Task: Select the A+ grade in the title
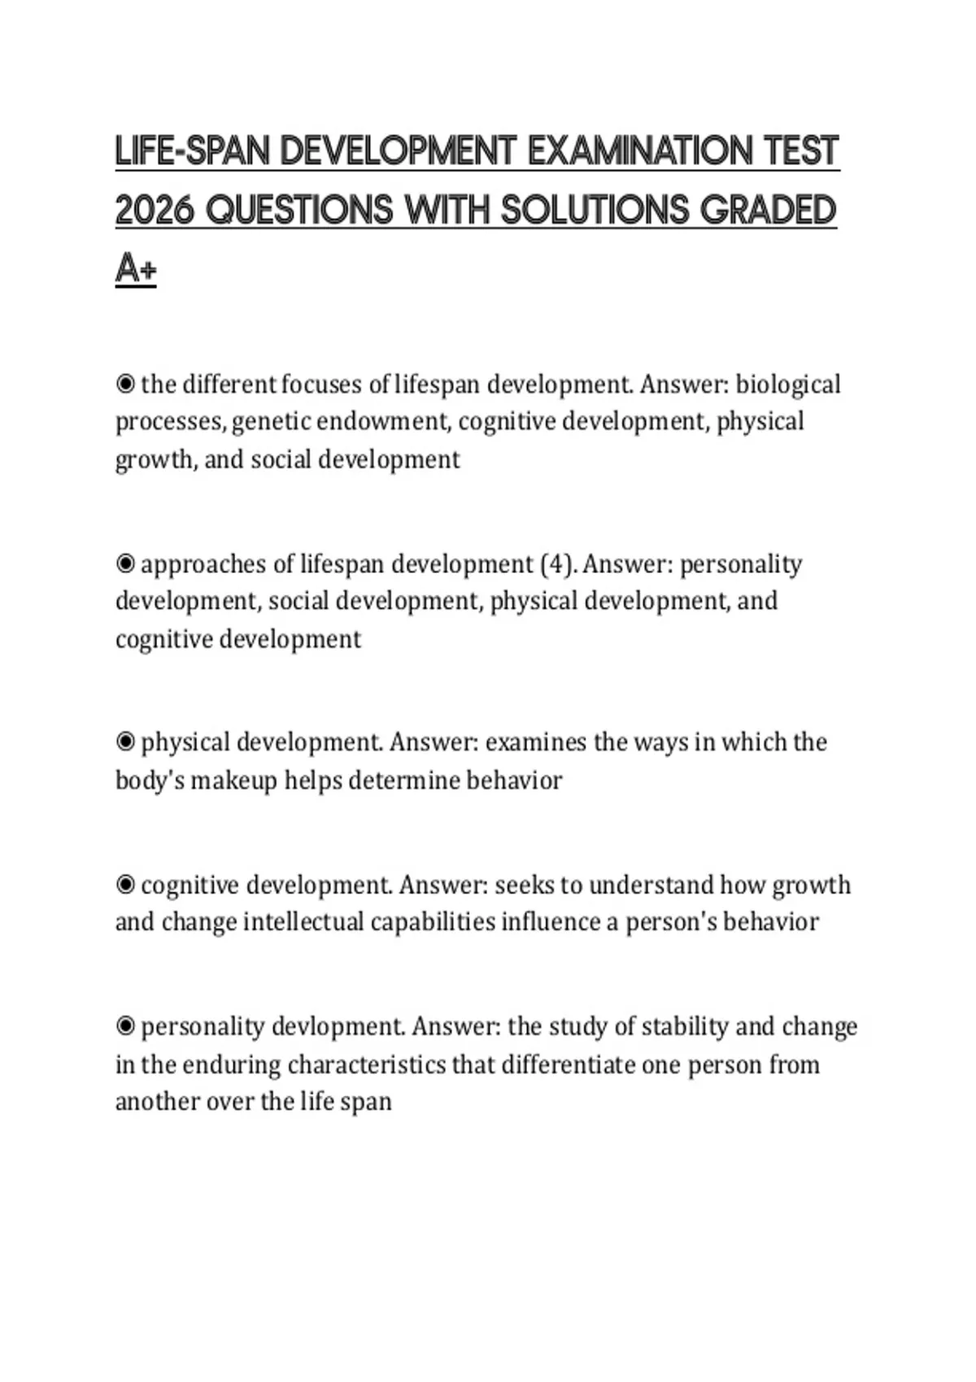pyautogui.click(x=135, y=269)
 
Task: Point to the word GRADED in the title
pyautogui.click(x=768, y=211)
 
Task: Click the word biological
pyautogui.click(x=788, y=384)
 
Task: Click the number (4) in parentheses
pyautogui.click(x=556, y=563)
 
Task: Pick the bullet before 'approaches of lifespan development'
pyautogui.click(x=125, y=563)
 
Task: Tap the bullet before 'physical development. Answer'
pyautogui.click(x=125, y=741)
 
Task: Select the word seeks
pyautogui.click(x=523, y=884)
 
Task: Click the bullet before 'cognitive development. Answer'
pyautogui.click(x=125, y=884)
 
